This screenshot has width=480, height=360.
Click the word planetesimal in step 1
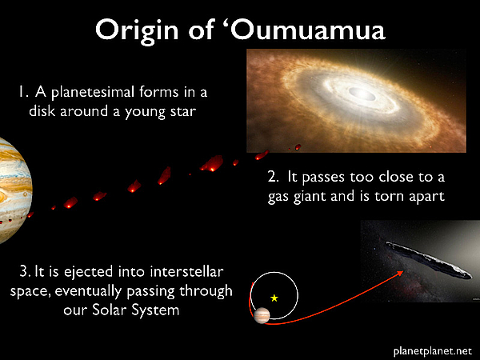[93, 93]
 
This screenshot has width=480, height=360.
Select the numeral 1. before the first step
[23, 92]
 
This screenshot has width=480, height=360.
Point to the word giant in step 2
[310, 197]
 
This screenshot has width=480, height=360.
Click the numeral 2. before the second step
[274, 177]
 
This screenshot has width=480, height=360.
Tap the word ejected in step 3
[88, 273]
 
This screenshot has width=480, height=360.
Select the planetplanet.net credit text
[432, 351]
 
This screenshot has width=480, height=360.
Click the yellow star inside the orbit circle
[274, 298]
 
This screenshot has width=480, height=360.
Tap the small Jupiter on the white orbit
[262, 315]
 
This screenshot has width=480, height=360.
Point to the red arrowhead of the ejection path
[401, 273]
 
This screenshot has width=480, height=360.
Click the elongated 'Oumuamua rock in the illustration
[429, 260]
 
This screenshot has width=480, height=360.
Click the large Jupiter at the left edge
[15, 190]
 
